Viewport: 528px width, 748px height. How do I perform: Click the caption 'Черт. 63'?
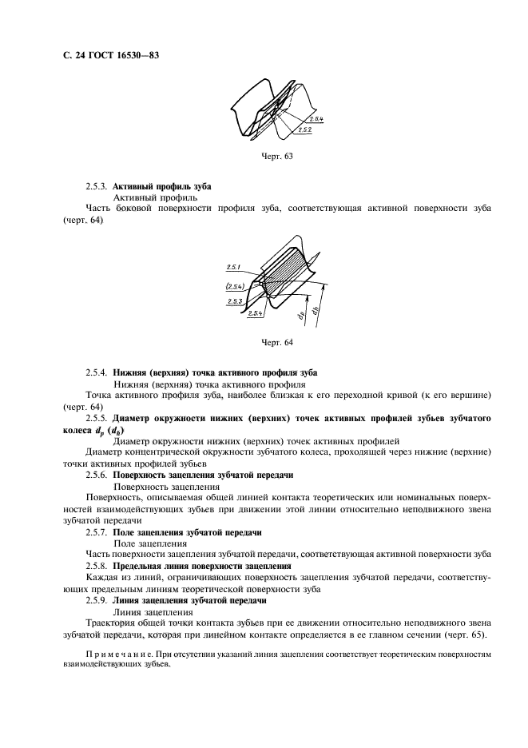click(x=276, y=156)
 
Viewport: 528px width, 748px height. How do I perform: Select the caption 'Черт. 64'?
click(x=276, y=342)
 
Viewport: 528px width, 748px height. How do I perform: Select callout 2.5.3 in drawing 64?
click(x=234, y=301)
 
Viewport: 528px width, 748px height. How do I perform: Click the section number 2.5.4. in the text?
click(x=97, y=372)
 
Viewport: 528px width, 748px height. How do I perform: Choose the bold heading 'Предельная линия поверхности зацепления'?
click(x=201, y=566)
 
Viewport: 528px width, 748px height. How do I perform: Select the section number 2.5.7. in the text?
click(x=97, y=531)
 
